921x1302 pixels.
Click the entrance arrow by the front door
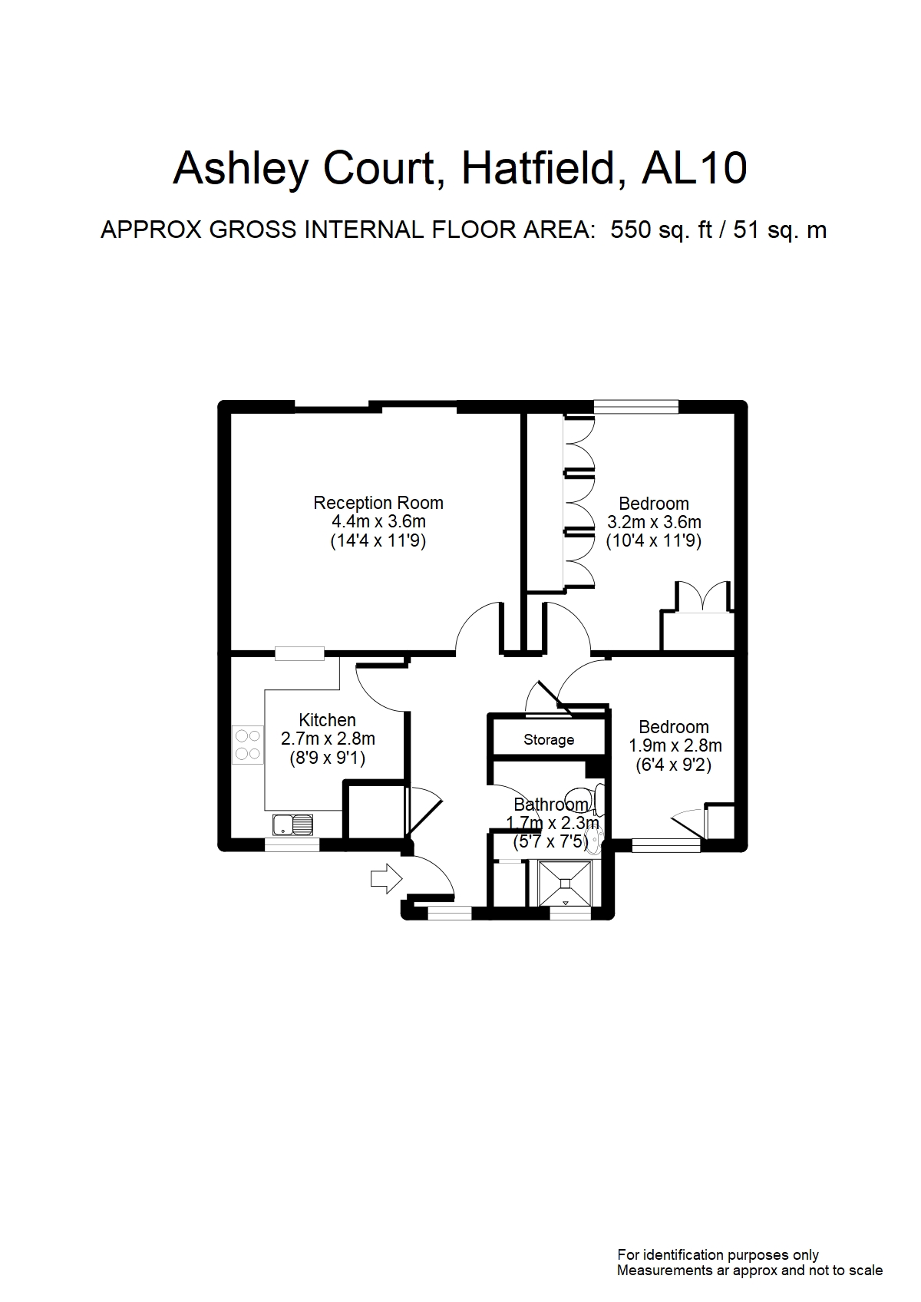pos(386,878)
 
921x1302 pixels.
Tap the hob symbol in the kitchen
pos(248,745)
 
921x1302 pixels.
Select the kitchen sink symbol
pos(292,825)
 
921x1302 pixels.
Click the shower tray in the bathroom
pos(565,883)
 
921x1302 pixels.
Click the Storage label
pos(549,739)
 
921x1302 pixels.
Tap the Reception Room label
pos(378,503)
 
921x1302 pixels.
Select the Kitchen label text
pos(327,720)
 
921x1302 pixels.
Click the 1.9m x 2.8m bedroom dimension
pos(675,745)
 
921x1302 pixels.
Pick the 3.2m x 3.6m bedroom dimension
pos(654,522)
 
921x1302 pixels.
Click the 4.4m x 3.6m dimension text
pos(379,521)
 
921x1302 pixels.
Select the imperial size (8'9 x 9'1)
pos(328,758)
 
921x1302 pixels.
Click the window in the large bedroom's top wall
pos(636,406)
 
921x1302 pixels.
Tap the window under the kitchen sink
pos(292,844)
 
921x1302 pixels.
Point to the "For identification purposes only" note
pos(718,1255)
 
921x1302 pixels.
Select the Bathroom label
pos(551,805)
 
